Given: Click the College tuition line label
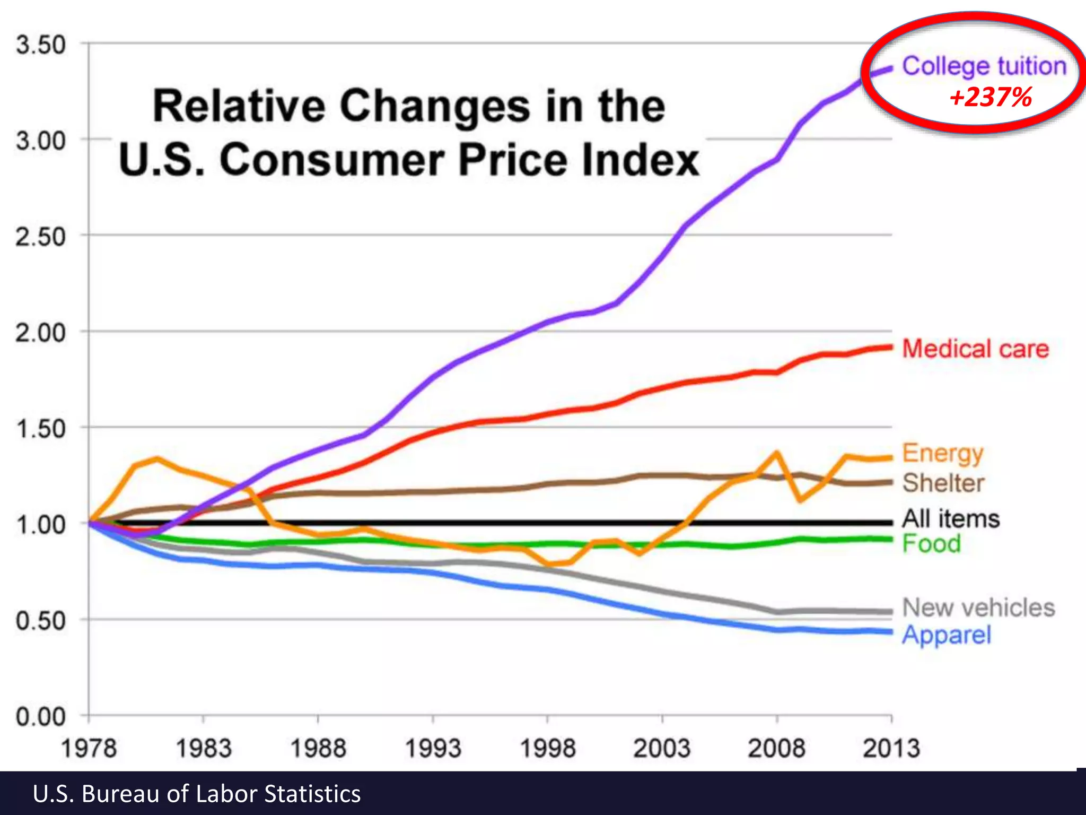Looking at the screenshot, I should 984,67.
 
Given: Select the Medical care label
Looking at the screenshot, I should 975,349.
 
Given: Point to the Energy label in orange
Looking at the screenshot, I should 943,454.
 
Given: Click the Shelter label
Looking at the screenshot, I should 943,483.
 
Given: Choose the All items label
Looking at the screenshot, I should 951,518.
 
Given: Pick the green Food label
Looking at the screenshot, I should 932,543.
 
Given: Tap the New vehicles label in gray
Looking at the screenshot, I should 978,608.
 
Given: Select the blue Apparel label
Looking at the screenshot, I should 947,635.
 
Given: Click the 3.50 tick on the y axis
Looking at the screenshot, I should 41,45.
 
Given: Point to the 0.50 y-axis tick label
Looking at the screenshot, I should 41,620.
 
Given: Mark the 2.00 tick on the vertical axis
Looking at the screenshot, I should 41,333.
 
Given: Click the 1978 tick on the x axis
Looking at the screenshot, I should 89,748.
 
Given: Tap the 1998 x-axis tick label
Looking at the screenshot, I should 547,748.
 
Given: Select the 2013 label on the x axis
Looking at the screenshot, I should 891,748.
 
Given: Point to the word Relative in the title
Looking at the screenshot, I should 239,106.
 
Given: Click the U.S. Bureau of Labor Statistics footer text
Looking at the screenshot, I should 197,794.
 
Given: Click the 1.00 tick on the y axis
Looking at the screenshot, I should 41,525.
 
